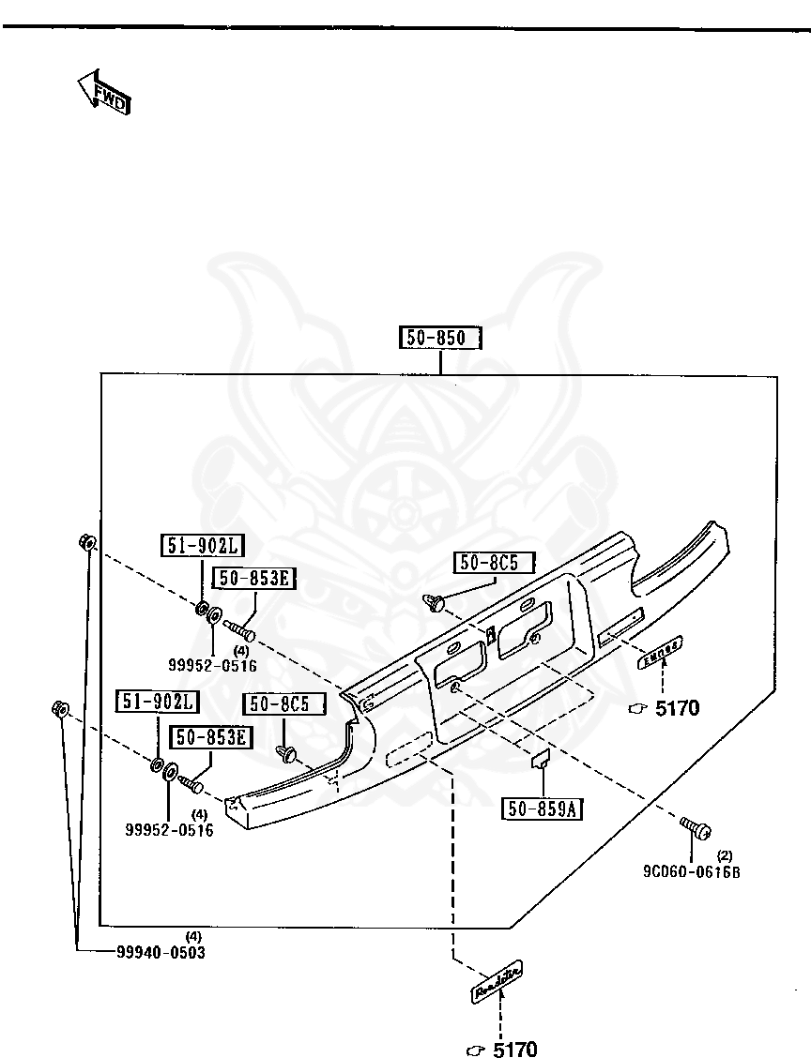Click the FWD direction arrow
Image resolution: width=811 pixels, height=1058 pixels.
[102, 92]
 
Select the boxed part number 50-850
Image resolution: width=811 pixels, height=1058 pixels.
[440, 338]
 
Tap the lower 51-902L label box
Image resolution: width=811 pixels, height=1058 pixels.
[158, 702]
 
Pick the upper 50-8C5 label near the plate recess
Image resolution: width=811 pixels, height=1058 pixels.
[495, 563]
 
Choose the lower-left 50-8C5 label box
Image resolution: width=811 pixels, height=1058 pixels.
[283, 703]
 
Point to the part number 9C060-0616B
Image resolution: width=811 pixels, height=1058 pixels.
[692, 870]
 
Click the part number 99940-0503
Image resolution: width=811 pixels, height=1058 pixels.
[161, 951]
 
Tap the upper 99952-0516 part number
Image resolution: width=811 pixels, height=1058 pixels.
[212, 665]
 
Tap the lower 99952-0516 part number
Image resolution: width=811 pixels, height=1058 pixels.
[169, 829]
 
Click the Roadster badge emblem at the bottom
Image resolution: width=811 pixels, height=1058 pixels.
[497, 980]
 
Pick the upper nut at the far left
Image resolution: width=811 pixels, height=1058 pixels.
[85, 542]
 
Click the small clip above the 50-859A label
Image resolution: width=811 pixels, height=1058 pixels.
[541, 761]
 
